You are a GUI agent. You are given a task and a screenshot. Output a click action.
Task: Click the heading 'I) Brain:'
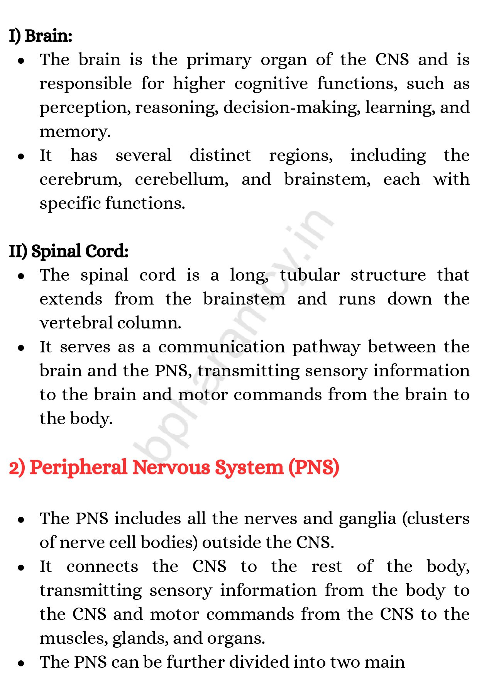click(41, 36)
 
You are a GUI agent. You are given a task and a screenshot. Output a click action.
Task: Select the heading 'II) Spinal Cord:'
click(69, 251)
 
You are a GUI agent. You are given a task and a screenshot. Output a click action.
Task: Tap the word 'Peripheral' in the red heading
click(78, 467)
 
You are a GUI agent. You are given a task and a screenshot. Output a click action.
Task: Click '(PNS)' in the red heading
click(314, 467)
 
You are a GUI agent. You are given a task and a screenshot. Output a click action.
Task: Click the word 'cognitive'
click(271, 84)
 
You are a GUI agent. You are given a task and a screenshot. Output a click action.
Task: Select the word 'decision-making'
click(291, 108)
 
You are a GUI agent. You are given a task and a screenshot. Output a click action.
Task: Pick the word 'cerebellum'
click(181, 179)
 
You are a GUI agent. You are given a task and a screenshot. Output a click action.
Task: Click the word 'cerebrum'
click(81, 179)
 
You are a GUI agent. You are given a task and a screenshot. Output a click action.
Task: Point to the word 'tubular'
click(310, 275)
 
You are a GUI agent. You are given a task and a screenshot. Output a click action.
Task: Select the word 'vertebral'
click(76, 323)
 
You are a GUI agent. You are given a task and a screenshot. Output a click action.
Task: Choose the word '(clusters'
click(436, 519)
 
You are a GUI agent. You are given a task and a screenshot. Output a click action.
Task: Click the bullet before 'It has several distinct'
click(21, 156)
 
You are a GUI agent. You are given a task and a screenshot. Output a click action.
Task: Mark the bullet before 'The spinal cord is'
click(21, 276)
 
